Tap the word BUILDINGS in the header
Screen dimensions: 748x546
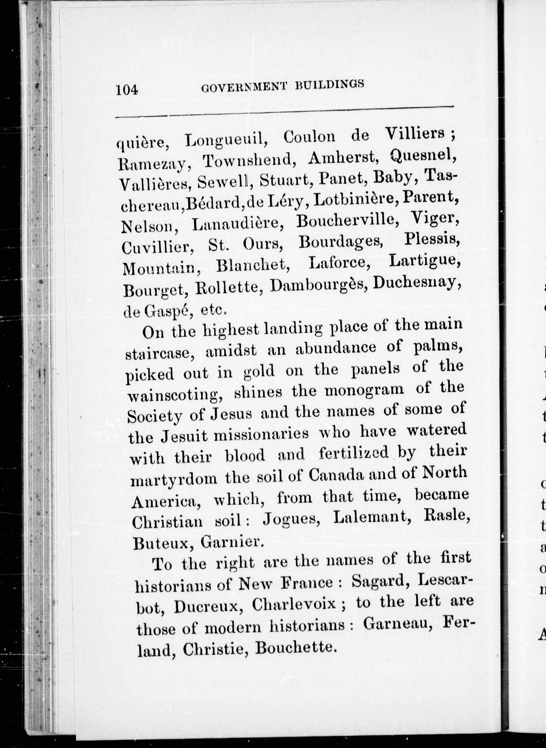point(330,84)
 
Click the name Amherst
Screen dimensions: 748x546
point(343,158)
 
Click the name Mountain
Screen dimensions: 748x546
point(162,268)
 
